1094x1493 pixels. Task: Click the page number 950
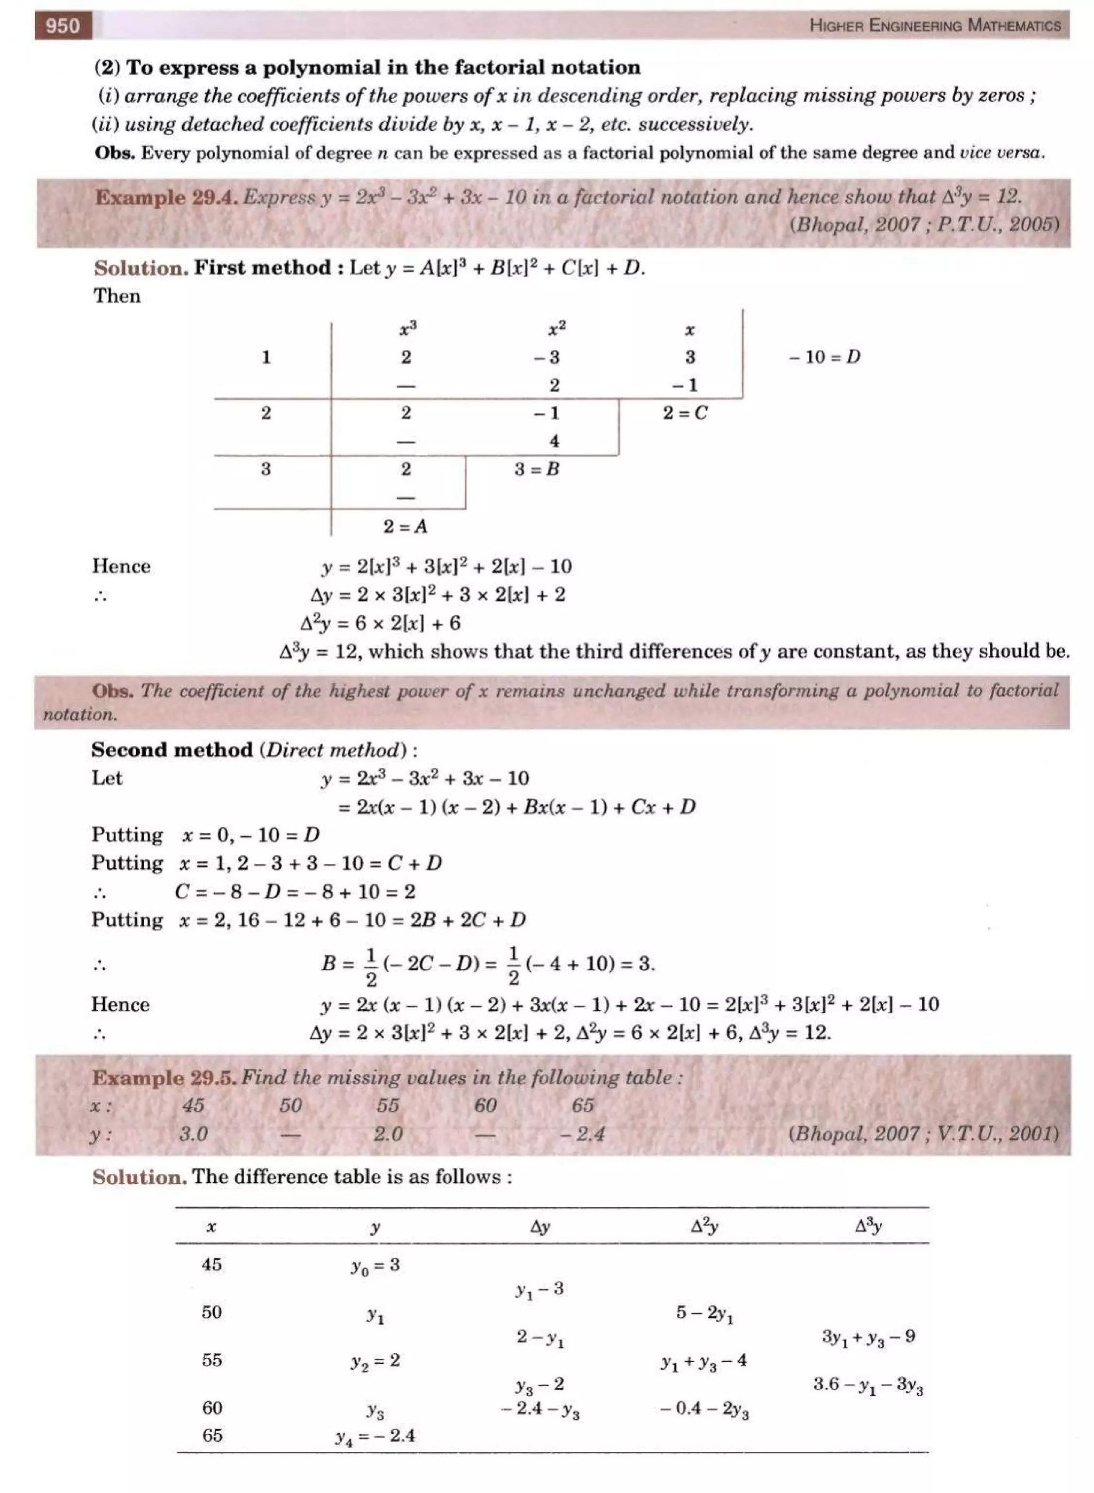pyautogui.click(x=63, y=26)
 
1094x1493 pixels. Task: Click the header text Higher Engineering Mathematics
pyautogui.click(x=934, y=26)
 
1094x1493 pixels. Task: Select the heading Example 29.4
pyautogui.click(x=166, y=197)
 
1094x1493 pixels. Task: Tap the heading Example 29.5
pyautogui.click(x=163, y=1078)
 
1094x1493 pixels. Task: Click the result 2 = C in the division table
pyautogui.click(x=685, y=413)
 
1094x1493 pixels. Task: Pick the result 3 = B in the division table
pyautogui.click(x=537, y=469)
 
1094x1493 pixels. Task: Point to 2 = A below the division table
pyautogui.click(x=405, y=527)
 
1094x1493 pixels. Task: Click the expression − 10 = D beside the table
pyautogui.click(x=824, y=357)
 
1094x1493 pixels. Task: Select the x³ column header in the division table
pyautogui.click(x=407, y=328)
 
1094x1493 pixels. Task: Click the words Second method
pyautogui.click(x=172, y=750)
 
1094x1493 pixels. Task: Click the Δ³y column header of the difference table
pyautogui.click(x=868, y=1227)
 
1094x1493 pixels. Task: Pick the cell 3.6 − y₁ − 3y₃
pyautogui.click(x=868, y=1385)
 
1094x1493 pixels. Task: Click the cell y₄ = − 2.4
pyautogui.click(x=375, y=1436)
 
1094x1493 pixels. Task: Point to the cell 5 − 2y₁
pyautogui.click(x=704, y=1314)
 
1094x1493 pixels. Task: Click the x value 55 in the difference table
pyautogui.click(x=212, y=1361)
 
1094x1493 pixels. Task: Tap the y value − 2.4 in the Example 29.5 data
pyautogui.click(x=583, y=1134)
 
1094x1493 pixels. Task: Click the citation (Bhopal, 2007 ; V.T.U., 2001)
pyautogui.click(x=923, y=1134)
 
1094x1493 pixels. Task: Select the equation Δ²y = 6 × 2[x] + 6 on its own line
pyautogui.click(x=380, y=623)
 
